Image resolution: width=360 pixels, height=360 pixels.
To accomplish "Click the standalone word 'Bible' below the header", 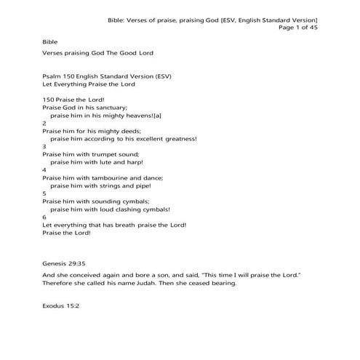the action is click(50, 43).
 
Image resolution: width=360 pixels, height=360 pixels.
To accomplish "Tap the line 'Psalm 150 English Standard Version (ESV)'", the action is click(107, 76).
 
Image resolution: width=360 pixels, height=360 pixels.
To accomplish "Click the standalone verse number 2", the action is click(44, 124).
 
